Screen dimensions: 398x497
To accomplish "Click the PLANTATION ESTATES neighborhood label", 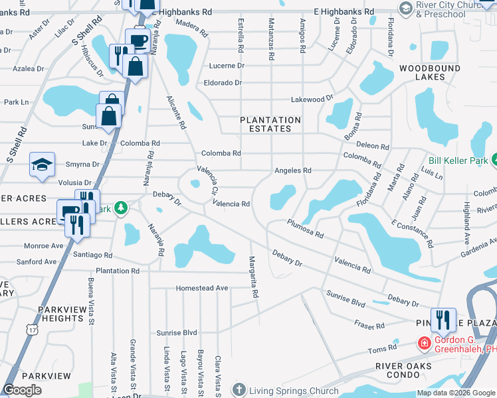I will pyautogui.click(x=270, y=124).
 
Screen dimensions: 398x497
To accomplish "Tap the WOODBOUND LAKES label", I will pyautogui.click(x=422, y=72).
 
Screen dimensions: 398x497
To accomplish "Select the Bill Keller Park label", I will pyautogui.click(x=458, y=161).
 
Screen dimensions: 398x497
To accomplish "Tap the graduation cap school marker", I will pyautogui.click(x=41, y=165).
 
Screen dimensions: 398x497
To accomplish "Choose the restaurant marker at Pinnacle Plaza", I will pyautogui.click(x=443, y=320).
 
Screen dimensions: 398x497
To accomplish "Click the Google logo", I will pyautogui.click(x=23, y=391).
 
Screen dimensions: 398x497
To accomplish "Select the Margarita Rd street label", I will pyautogui.click(x=253, y=277).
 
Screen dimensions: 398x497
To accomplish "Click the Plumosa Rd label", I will pyautogui.click(x=305, y=229).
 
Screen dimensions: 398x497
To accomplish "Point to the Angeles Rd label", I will pyautogui.click(x=293, y=170).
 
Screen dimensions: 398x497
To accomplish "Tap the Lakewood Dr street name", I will pyautogui.click(x=312, y=99).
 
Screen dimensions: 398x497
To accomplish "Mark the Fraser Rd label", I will pyautogui.click(x=369, y=326).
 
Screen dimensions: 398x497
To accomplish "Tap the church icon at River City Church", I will pyautogui.click(x=405, y=7).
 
